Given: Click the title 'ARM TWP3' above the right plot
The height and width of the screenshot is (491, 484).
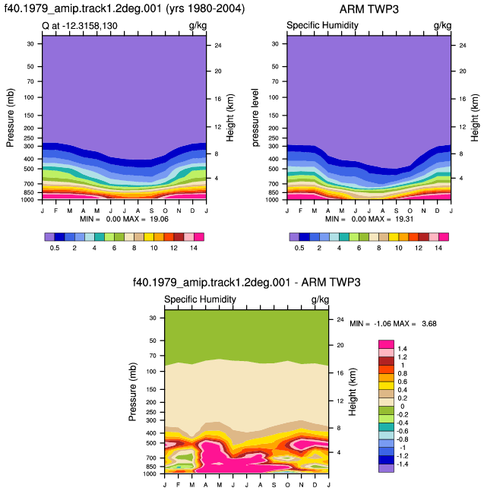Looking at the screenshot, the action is tap(369, 9).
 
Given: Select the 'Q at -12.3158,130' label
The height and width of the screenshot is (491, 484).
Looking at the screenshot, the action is tap(80, 26).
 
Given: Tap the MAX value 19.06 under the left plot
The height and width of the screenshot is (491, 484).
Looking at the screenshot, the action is tap(159, 219).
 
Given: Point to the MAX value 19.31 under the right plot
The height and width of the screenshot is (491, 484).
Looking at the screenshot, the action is tap(404, 219).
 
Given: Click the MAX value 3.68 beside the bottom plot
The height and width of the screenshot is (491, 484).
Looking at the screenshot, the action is tap(429, 324).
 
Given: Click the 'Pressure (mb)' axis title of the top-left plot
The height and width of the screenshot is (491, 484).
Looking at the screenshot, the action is tap(10, 118).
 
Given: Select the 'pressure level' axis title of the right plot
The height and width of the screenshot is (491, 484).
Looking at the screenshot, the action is tap(255, 118).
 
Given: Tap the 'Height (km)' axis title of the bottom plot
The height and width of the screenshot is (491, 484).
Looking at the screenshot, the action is tap(353, 391).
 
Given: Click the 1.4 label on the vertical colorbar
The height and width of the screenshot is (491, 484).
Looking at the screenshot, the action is tap(402, 349).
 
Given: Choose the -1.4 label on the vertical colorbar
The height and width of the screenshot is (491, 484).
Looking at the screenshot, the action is tap(401, 464).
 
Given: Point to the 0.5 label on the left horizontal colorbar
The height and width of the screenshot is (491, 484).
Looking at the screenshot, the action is tap(55, 248).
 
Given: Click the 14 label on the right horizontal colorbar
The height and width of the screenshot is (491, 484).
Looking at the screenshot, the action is tap(438, 248).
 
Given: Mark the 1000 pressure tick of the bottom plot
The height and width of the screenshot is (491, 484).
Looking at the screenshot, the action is tap(150, 474).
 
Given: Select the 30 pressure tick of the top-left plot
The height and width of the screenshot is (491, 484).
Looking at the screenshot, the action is tap(30, 44).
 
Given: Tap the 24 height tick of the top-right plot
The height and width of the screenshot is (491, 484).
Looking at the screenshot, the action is tap(463, 46).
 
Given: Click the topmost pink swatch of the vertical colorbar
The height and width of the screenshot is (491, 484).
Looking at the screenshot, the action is tap(386, 344).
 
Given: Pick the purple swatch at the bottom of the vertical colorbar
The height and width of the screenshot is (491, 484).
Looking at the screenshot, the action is tap(386, 468).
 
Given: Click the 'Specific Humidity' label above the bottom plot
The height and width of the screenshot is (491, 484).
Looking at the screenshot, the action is tap(200, 299).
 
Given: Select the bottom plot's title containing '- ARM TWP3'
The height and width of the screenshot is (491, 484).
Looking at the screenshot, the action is tap(247, 283).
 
